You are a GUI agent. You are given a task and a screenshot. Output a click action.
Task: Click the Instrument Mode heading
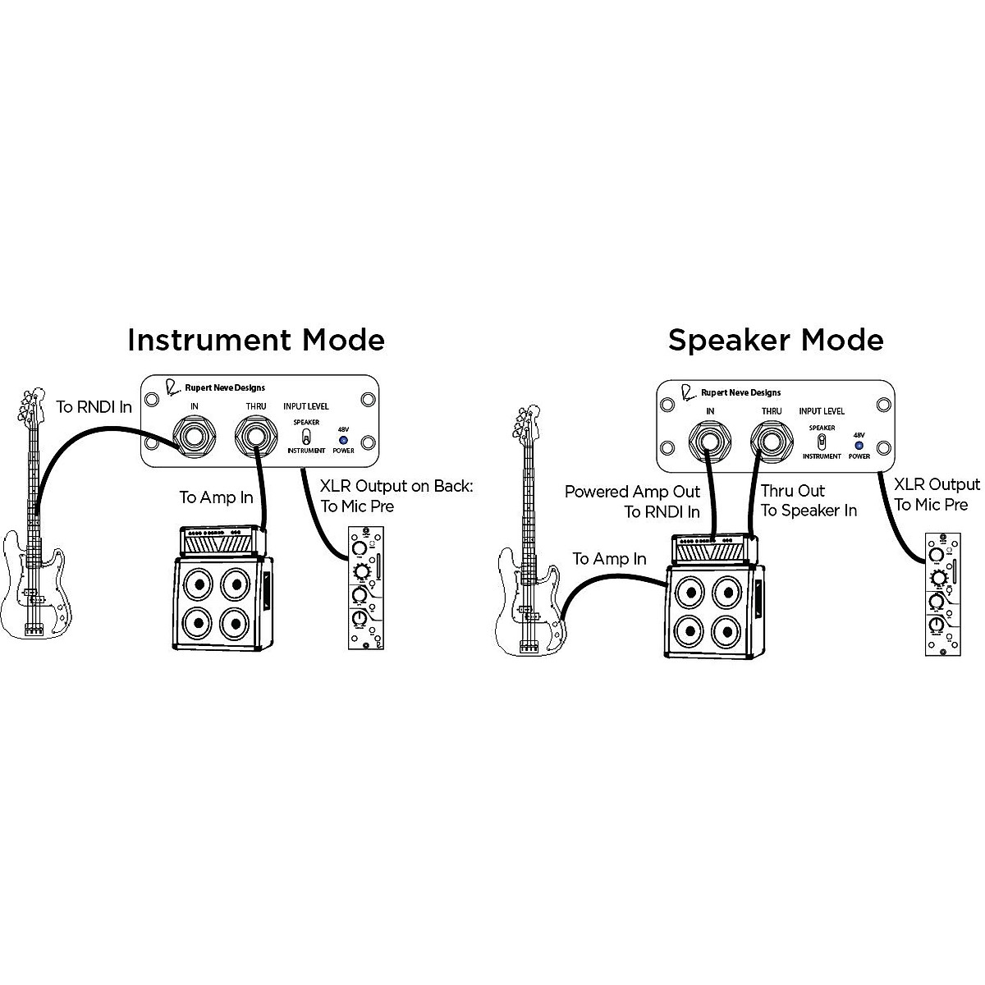pos(255,340)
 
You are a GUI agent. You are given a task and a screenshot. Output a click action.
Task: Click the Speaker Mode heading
pos(775,340)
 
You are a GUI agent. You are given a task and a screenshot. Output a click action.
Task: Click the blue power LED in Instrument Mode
pos(343,440)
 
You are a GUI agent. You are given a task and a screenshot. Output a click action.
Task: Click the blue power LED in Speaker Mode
pos(859,445)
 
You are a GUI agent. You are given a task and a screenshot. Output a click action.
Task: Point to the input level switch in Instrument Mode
pos(306,436)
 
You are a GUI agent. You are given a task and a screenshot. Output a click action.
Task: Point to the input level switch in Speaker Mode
pos(821,441)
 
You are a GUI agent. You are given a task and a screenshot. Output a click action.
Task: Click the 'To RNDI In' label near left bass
pos(94,406)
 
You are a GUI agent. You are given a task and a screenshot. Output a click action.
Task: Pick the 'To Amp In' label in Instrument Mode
pos(216,497)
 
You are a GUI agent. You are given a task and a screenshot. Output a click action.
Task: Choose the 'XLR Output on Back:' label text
pos(396,486)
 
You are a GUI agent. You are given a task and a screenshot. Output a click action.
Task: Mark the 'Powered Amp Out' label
pos(632,492)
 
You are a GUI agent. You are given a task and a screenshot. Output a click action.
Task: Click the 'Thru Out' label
pos(792,491)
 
